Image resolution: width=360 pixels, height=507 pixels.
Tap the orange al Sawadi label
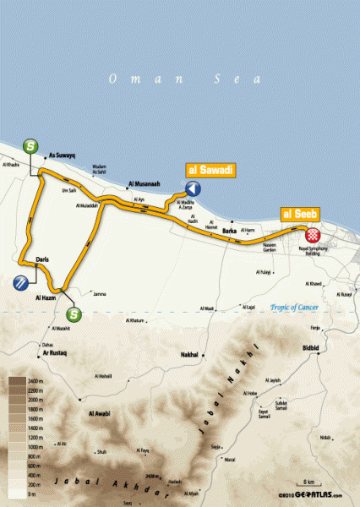point(209,171)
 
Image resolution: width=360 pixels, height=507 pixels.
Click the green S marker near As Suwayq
point(31,145)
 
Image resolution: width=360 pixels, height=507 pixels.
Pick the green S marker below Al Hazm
point(74,314)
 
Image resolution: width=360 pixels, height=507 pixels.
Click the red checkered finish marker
point(314,235)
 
